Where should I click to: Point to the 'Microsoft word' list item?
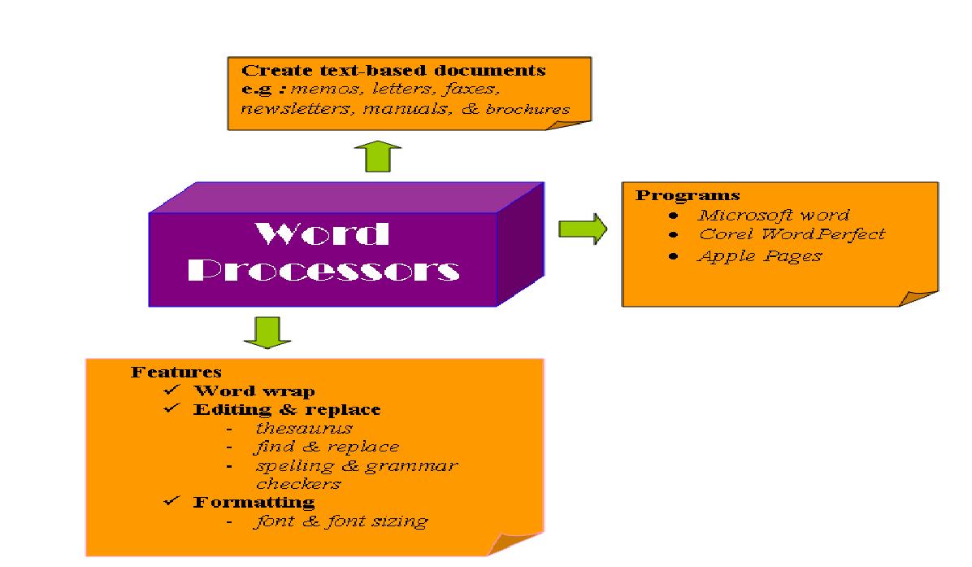(x=773, y=216)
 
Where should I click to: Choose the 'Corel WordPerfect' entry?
(x=791, y=235)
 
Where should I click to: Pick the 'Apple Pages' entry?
(x=759, y=256)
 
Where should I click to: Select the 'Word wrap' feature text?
(x=254, y=391)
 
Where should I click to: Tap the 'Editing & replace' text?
(x=286, y=409)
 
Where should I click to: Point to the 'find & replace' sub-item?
(x=327, y=447)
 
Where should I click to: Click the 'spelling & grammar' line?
(x=356, y=466)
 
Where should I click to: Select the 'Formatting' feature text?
(x=254, y=502)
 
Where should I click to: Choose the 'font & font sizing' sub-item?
(x=341, y=521)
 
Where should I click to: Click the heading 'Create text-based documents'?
(x=394, y=71)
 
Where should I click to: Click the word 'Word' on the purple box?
(x=323, y=235)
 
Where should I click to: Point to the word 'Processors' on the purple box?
(x=329, y=270)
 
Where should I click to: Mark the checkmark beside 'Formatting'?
(x=171, y=501)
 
